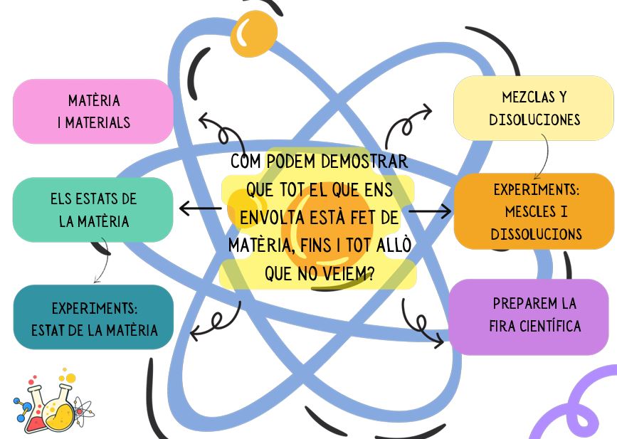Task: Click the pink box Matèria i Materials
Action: click(93, 111)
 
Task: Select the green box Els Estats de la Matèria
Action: click(93, 210)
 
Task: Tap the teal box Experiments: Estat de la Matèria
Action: click(93, 318)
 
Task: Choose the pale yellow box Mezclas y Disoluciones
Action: click(534, 108)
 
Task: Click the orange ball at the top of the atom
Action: click(253, 31)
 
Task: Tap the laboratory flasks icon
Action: click(51, 407)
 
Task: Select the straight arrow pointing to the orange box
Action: click(431, 211)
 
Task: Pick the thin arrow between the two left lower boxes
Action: click(102, 260)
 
